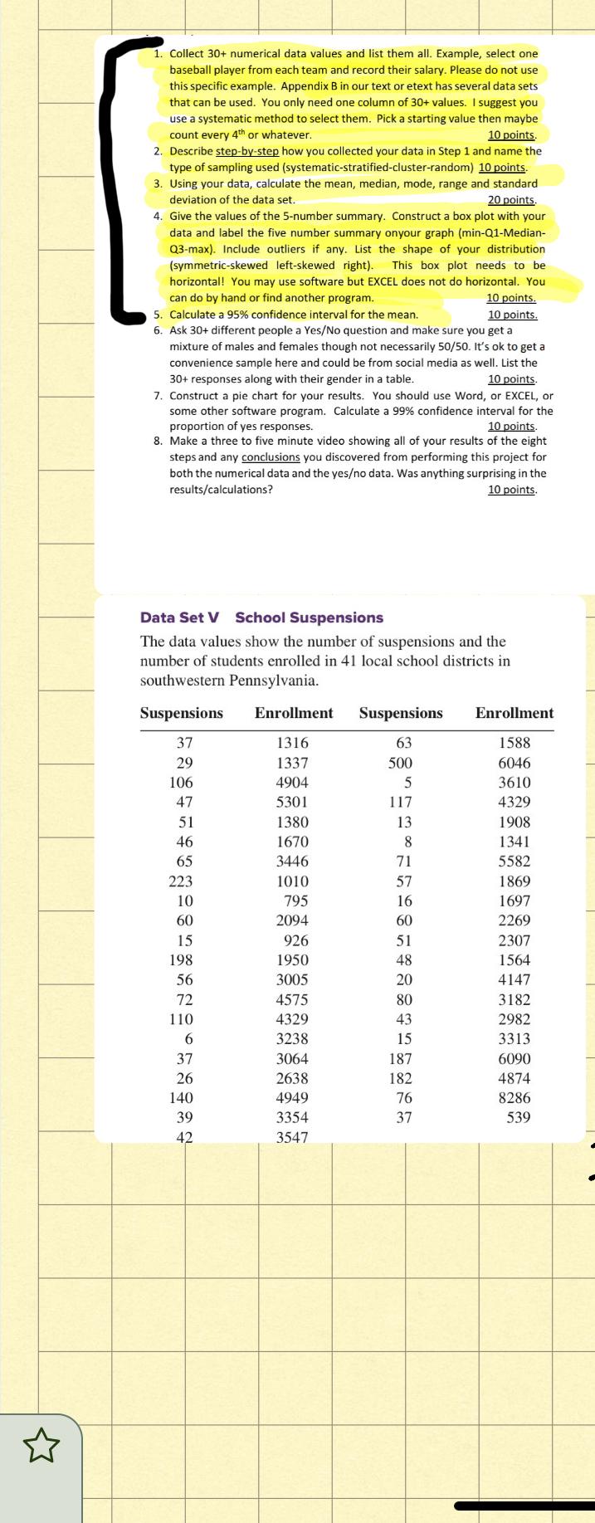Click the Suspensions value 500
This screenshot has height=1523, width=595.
401,763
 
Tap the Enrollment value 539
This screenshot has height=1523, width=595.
519,1118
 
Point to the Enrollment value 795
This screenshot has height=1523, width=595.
296,901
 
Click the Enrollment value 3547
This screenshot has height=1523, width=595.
292,1137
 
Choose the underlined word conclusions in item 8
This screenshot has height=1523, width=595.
271,457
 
